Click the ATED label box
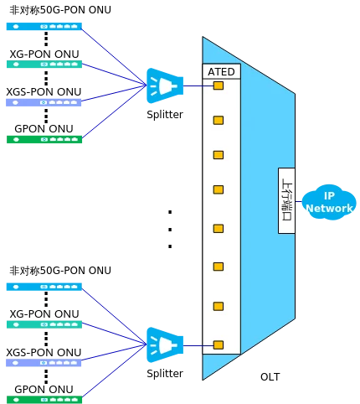tap(221, 71)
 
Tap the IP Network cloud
tap(329, 202)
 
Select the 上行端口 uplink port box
tap(286, 200)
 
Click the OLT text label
tap(270, 377)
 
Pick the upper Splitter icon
tap(165, 85)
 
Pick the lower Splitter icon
tap(165, 345)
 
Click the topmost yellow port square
tap(219, 85)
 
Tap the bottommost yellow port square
tap(219, 345)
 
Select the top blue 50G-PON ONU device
tap(44, 27)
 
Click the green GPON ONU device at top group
tap(44, 139)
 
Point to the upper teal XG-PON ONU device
tap(44, 65)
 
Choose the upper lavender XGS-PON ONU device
tap(44, 102)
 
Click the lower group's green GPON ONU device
tap(44, 400)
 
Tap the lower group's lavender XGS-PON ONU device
tap(44, 363)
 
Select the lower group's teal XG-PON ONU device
tap(44, 324)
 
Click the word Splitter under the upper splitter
tap(165, 115)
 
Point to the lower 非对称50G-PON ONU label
tap(60, 271)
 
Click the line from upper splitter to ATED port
tap(198, 85)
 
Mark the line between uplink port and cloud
tap(299, 201)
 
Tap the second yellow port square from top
tap(219, 121)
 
